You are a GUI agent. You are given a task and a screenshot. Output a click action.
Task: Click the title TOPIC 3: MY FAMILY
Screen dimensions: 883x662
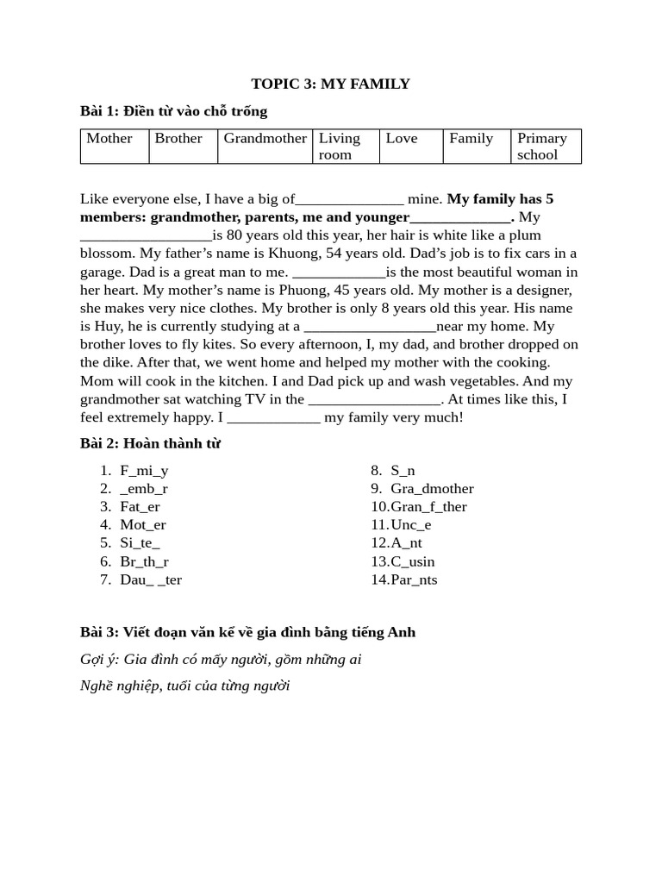330,84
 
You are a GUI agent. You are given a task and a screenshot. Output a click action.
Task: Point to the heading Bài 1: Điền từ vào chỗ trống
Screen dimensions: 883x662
173,111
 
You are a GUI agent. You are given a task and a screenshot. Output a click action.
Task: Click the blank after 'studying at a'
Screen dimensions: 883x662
370,327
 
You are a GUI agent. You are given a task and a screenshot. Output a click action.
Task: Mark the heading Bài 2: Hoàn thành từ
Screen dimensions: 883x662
150,444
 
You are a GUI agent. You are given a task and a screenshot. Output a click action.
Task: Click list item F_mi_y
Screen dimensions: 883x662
144,471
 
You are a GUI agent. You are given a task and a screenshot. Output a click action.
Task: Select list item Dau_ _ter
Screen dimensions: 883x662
151,579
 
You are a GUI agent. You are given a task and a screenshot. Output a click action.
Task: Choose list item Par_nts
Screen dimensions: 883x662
414,579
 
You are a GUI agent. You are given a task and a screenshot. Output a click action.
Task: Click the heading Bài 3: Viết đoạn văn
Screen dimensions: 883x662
247,632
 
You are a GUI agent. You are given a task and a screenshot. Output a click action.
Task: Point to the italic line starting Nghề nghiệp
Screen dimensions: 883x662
184,686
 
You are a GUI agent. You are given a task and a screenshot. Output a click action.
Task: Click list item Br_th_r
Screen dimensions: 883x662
144,561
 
